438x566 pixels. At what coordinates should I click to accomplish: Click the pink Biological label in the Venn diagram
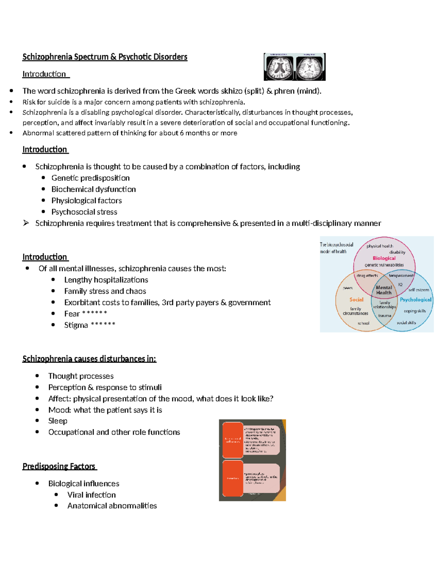tap(384, 258)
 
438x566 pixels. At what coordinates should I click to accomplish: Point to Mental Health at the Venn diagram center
tap(384, 290)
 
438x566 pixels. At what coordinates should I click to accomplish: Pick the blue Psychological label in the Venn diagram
tap(415, 300)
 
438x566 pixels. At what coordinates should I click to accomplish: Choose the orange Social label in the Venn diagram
tap(356, 300)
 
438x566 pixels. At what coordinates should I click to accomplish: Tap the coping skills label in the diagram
tap(415, 311)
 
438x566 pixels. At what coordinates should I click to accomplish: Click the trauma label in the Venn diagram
tap(384, 316)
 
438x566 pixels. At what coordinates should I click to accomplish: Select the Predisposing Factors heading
tap(59, 467)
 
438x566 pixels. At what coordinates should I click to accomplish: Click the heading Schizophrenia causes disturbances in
tap(89, 359)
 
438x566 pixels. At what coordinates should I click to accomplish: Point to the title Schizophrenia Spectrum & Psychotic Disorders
tap(105, 57)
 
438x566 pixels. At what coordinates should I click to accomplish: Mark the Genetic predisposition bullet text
tap(91, 178)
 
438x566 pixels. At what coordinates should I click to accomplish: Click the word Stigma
tap(76, 325)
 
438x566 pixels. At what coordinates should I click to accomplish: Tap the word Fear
tap(72, 314)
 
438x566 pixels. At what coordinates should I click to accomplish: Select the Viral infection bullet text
tap(91, 495)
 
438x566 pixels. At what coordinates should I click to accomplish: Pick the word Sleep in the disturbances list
tap(58, 421)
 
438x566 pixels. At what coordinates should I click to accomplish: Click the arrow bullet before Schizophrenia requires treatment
tap(26, 223)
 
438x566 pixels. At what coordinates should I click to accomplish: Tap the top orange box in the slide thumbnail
tap(233, 440)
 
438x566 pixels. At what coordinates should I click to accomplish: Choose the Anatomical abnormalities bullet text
tap(112, 506)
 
